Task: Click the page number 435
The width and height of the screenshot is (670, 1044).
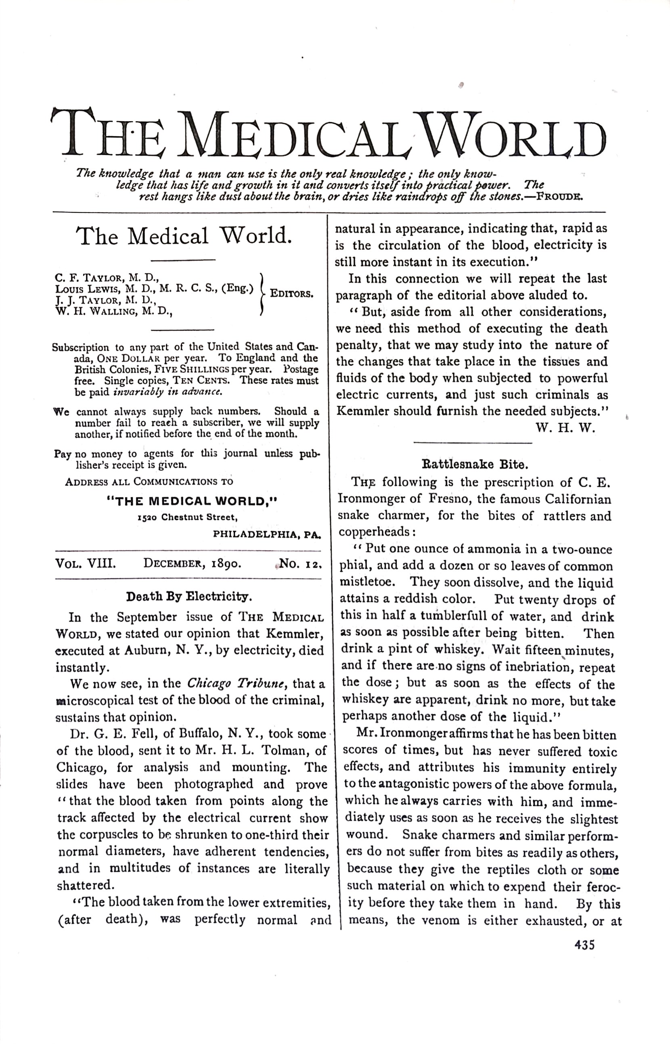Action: (584, 945)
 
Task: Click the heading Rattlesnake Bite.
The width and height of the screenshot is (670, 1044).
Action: (475, 464)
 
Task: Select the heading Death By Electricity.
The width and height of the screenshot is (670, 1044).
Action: (189, 596)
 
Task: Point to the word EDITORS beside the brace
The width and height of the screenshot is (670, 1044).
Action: (291, 294)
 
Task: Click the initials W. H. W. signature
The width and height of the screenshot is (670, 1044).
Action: (565, 428)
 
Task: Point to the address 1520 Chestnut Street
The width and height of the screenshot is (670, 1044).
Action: (187, 518)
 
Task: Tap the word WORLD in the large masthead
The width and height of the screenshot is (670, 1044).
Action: (513, 135)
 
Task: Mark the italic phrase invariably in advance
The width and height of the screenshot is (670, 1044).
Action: (168, 391)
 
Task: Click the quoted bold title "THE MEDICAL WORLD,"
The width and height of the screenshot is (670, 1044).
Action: (192, 501)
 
